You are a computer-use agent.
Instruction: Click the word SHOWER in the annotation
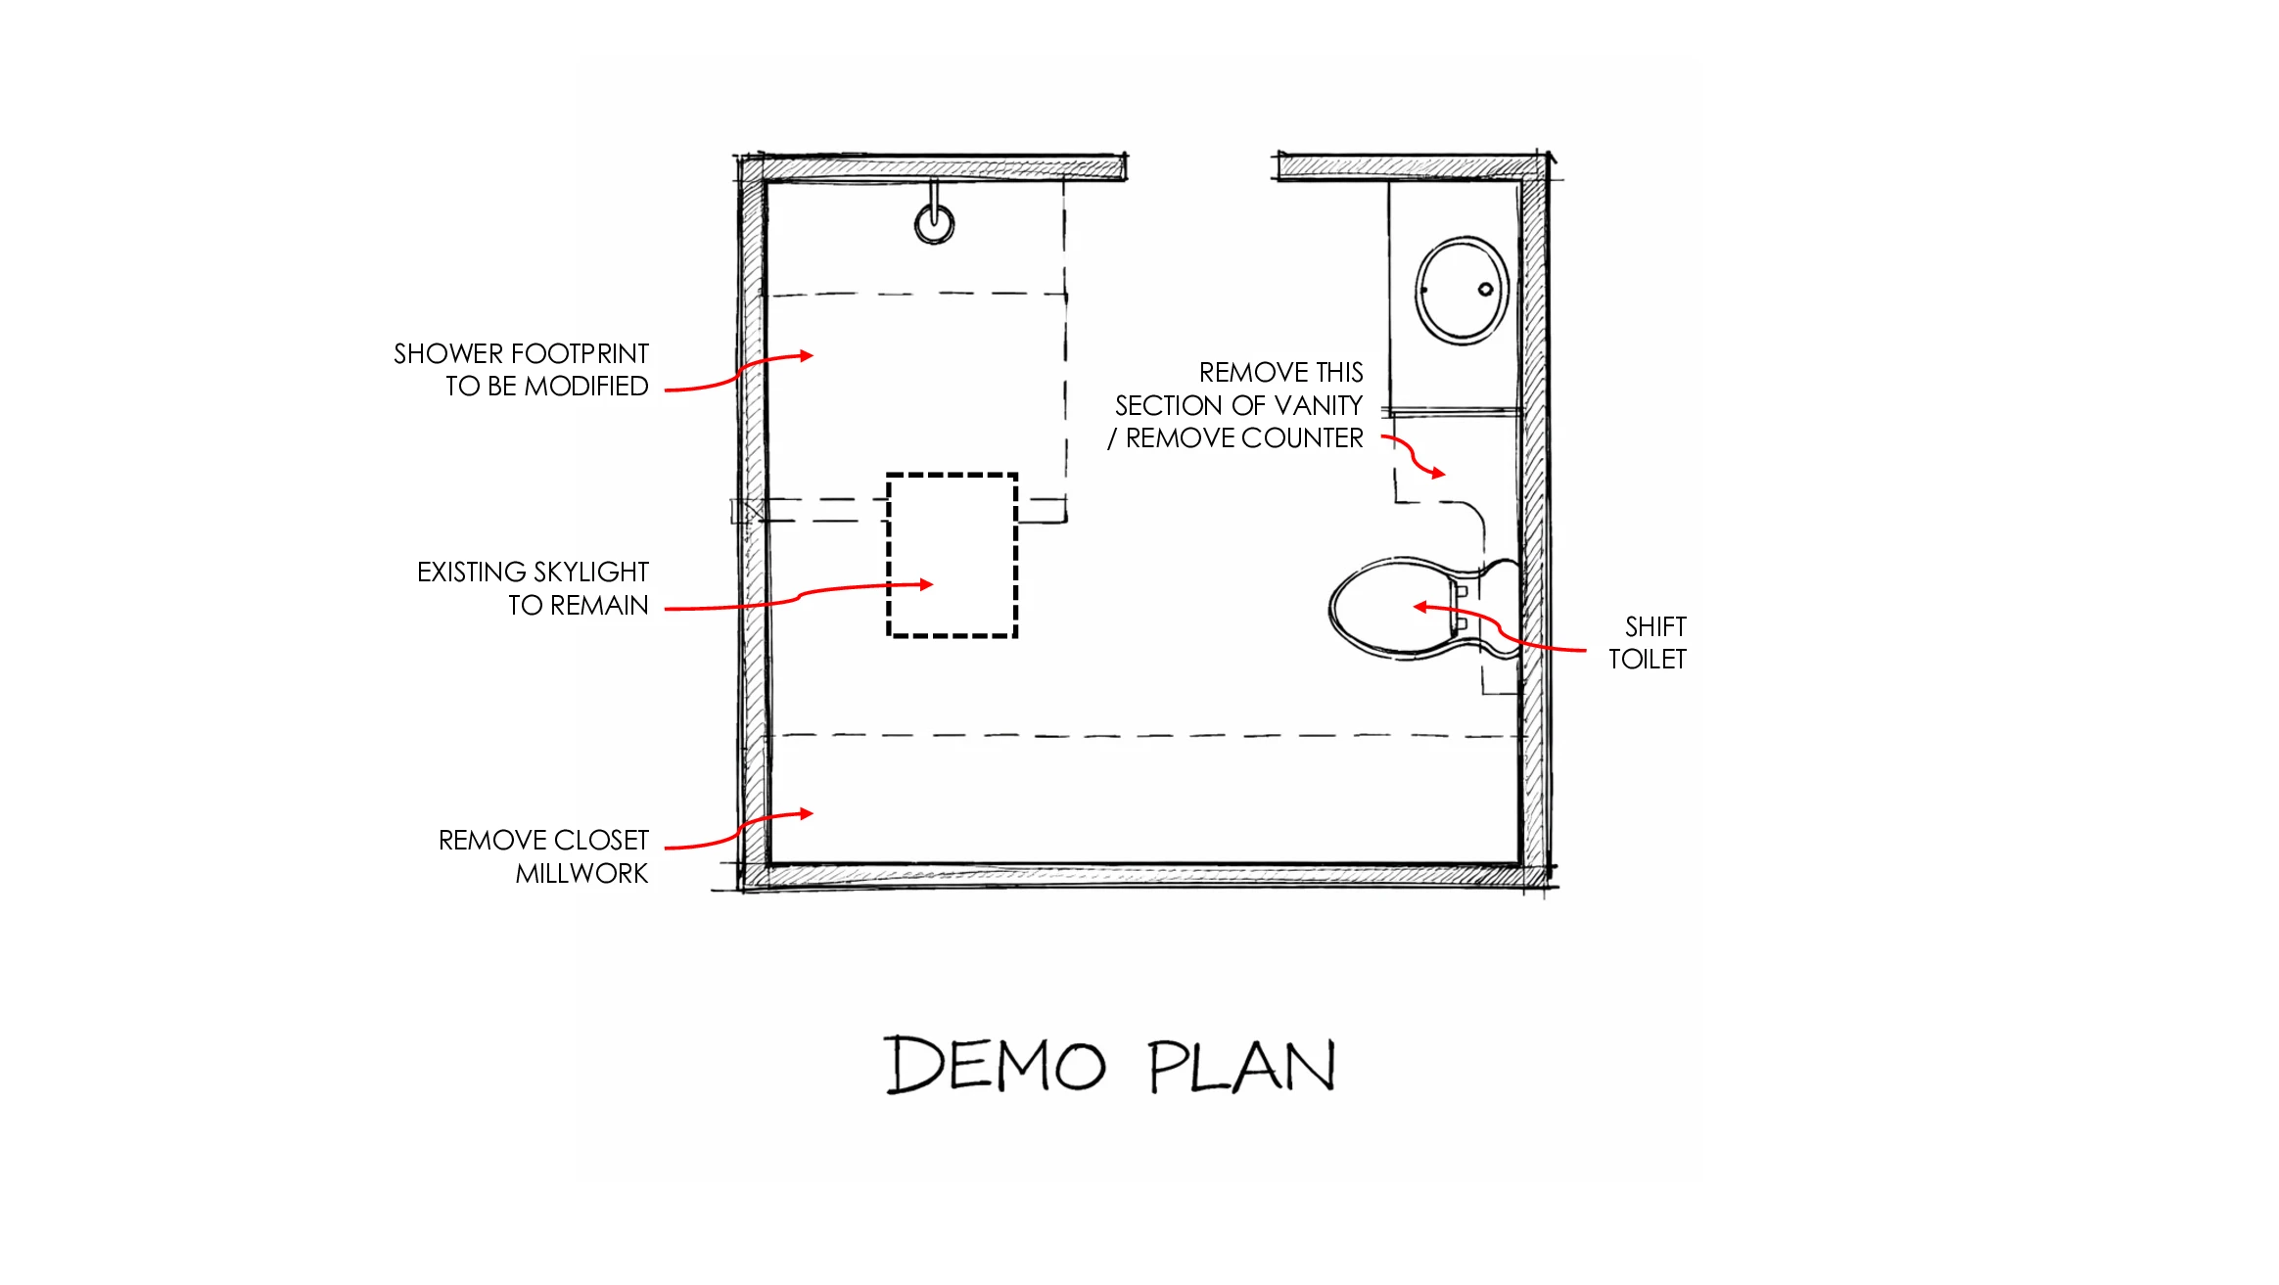[447, 353]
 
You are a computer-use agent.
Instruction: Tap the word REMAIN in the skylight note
[599, 605]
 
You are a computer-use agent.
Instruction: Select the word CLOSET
[601, 840]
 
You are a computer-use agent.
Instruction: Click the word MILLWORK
[581, 873]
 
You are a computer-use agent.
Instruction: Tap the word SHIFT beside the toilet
[1655, 626]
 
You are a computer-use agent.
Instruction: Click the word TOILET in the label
[1648, 660]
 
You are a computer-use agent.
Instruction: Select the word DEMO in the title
[996, 1064]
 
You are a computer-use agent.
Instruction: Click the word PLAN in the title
[1242, 1065]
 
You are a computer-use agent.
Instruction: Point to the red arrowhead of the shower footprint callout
[807, 355]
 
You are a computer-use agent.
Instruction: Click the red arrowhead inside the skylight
[926, 584]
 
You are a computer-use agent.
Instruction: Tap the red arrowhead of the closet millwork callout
[807, 813]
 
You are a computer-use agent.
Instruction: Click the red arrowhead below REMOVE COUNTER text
[1438, 474]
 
